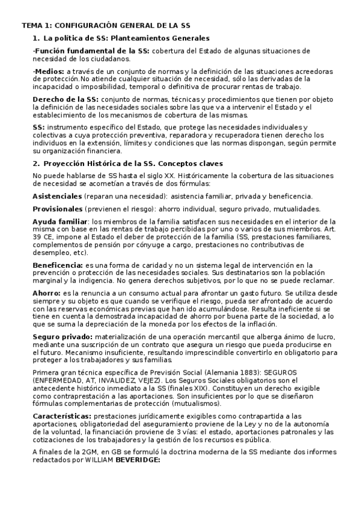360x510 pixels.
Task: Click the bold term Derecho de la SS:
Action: [66, 99]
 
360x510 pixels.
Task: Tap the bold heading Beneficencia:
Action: [58, 265]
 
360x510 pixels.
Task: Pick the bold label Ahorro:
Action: [47, 293]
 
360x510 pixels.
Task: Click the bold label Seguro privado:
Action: [61, 336]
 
